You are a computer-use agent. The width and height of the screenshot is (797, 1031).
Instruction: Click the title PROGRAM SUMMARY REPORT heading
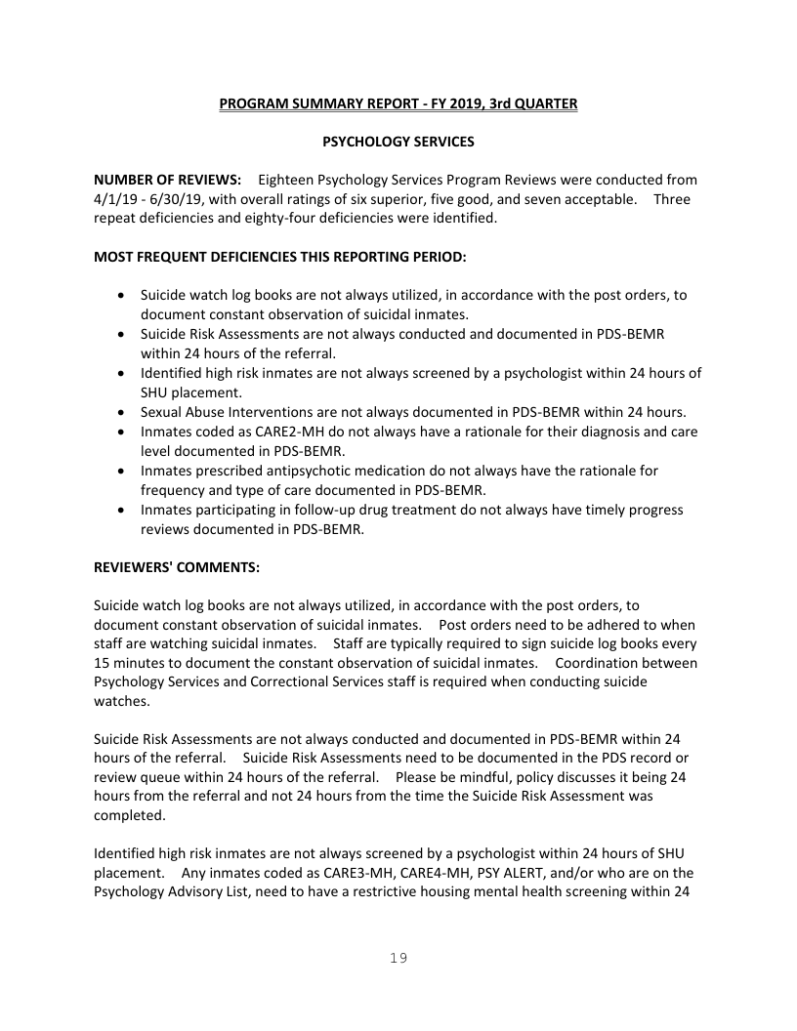398,103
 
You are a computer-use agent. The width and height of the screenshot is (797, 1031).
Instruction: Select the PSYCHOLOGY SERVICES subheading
398,142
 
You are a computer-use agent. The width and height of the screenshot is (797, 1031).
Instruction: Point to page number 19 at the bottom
398,958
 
